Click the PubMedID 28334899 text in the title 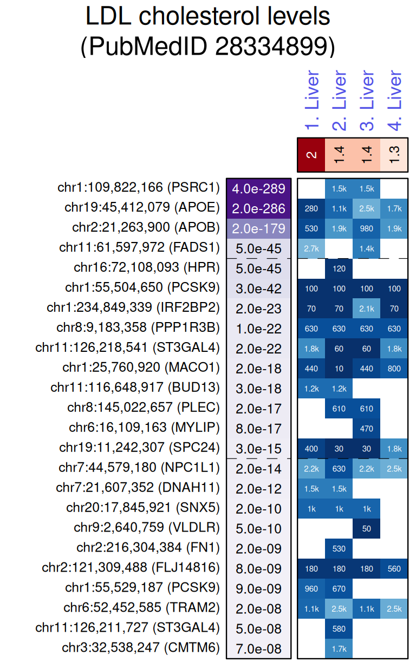pos(207,47)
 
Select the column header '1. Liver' pos(311,101)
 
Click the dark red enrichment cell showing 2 pos(311,155)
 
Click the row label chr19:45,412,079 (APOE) pos(142,208)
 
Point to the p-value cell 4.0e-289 pos(259,188)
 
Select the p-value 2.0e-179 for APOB pos(259,228)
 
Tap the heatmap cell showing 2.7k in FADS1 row pos(311,248)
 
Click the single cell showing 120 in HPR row pos(339,268)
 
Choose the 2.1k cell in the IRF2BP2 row pos(367,309)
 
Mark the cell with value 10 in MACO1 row pos(339,369)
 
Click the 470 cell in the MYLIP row pos(367,429)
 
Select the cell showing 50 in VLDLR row pos(367,529)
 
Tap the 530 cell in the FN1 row pos(339,549)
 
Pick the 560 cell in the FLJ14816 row pos(394,569)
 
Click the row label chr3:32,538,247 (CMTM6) pos(141,648)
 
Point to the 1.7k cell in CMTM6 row pos(339,648)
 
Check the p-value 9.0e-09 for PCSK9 pos(259,589)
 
